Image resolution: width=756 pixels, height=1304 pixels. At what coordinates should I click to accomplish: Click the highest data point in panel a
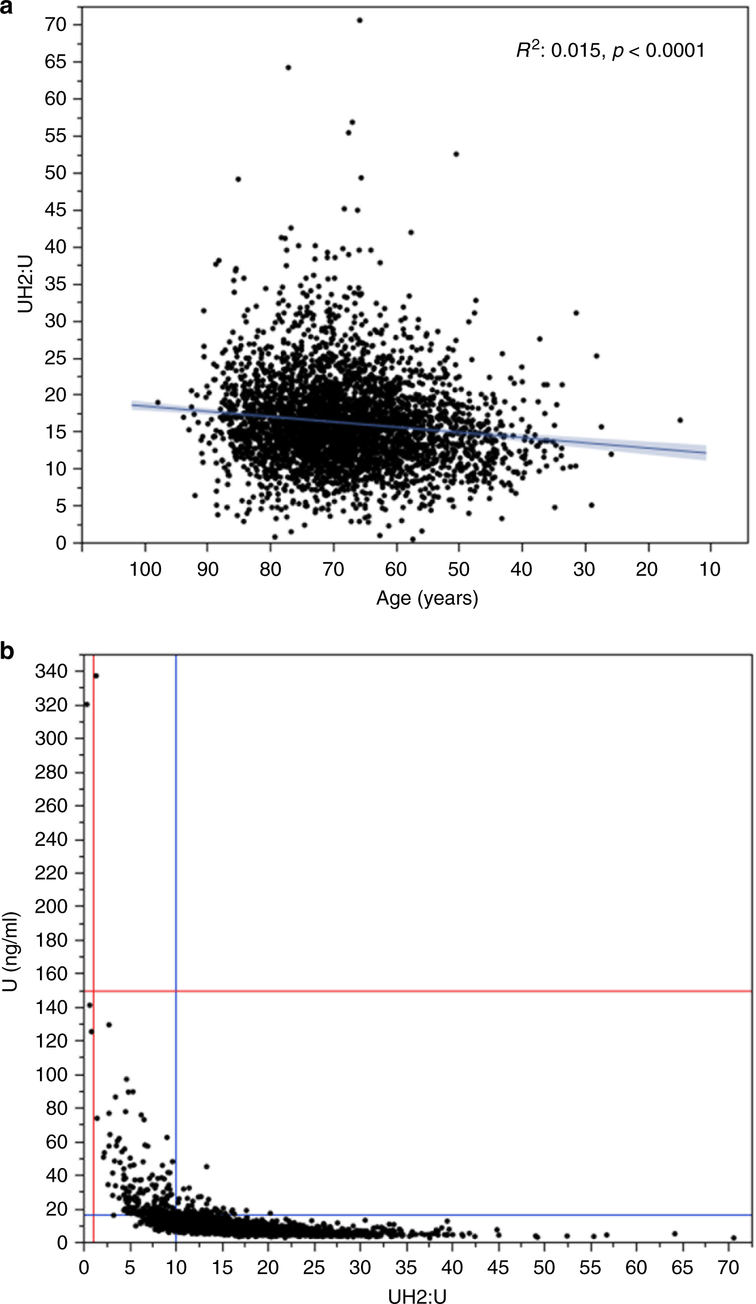(x=360, y=20)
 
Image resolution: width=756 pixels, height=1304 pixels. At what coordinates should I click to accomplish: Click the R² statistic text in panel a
(x=610, y=51)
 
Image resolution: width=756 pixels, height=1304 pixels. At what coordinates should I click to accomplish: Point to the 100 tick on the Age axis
(x=145, y=569)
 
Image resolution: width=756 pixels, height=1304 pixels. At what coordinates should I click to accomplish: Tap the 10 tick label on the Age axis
(x=709, y=569)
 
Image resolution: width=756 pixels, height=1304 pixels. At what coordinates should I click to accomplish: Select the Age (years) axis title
(x=427, y=598)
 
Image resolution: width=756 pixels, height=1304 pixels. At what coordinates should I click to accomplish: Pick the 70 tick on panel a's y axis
(x=55, y=24)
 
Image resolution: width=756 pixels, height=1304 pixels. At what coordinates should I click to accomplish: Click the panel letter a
(x=7, y=8)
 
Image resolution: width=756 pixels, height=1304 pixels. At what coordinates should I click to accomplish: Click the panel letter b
(x=7, y=651)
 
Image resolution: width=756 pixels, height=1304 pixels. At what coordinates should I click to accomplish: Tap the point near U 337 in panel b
(x=96, y=676)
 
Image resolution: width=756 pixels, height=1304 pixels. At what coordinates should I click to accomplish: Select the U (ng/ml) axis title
(x=11, y=951)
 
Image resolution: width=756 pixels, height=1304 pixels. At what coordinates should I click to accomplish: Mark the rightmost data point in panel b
(x=733, y=1237)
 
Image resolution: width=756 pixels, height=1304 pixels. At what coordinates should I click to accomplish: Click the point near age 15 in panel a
(x=680, y=420)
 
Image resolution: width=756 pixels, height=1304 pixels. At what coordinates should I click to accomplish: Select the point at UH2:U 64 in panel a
(x=288, y=67)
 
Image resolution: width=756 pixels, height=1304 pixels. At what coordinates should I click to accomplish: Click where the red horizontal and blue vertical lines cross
(x=176, y=991)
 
